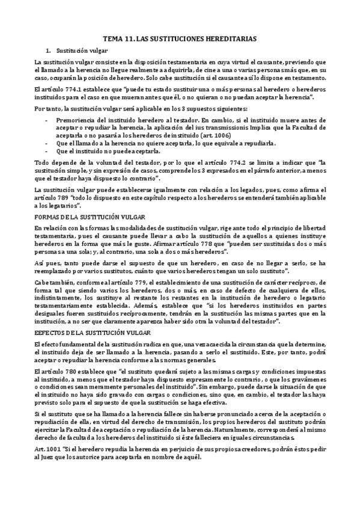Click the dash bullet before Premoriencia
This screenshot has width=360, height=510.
tap(47, 120)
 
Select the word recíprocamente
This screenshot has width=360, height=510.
tap(142, 315)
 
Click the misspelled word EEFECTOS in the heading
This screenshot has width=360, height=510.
tap(49, 333)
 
